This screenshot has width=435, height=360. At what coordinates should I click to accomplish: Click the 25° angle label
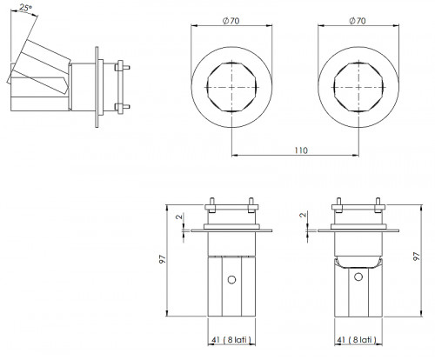(x=26, y=8)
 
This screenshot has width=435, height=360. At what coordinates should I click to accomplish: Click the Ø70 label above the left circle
(x=231, y=21)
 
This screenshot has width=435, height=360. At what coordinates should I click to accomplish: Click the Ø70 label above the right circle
(x=358, y=21)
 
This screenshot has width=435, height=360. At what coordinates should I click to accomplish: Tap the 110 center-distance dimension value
(x=301, y=150)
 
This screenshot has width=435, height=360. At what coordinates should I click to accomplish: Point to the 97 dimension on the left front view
(x=163, y=259)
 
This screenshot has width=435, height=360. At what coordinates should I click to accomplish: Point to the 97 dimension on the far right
(x=417, y=257)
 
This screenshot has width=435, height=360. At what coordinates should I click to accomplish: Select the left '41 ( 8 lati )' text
(x=231, y=339)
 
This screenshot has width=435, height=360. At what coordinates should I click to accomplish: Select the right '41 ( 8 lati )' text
(x=358, y=339)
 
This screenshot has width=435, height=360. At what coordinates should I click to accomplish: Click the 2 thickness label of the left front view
(x=180, y=217)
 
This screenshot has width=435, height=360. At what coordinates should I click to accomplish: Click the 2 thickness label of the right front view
(x=303, y=215)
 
